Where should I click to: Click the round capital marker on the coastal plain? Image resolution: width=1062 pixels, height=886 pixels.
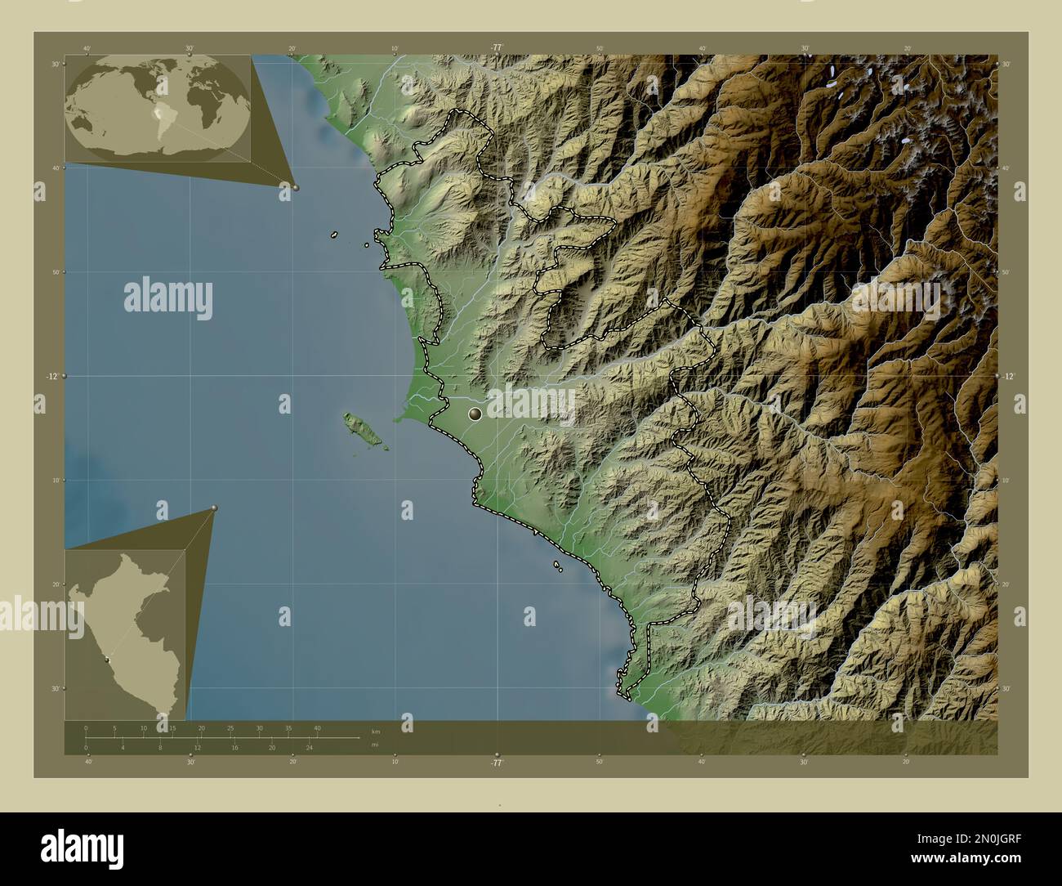click(475, 414)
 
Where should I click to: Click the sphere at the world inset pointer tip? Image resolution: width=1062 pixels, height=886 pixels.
click(296, 187)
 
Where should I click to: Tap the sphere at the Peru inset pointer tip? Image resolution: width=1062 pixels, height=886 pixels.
click(214, 508)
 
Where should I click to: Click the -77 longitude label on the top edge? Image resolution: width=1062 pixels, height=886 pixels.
click(496, 47)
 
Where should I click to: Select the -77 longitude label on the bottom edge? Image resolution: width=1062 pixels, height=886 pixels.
click(496, 763)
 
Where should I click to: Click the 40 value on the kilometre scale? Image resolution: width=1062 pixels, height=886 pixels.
click(317, 728)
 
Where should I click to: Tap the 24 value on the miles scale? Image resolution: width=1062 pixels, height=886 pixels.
click(309, 748)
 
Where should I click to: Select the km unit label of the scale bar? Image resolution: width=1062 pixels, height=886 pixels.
click(375, 731)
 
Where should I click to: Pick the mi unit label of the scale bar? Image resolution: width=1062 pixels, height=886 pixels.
click(374, 745)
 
